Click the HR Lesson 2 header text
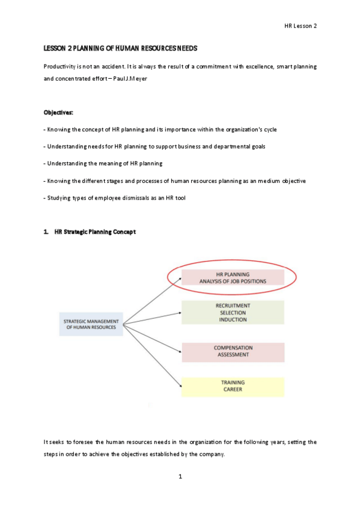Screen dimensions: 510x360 click(x=301, y=25)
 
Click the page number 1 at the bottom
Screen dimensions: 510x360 click(x=180, y=477)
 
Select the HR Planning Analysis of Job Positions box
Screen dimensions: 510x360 click(x=233, y=277)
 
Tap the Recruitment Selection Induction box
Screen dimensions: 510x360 click(x=233, y=313)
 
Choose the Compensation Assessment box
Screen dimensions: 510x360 click(x=233, y=351)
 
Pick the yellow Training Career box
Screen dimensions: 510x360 click(x=233, y=386)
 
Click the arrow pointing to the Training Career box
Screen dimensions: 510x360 click(x=153, y=355)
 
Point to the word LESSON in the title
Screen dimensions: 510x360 click(x=55, y=48)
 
